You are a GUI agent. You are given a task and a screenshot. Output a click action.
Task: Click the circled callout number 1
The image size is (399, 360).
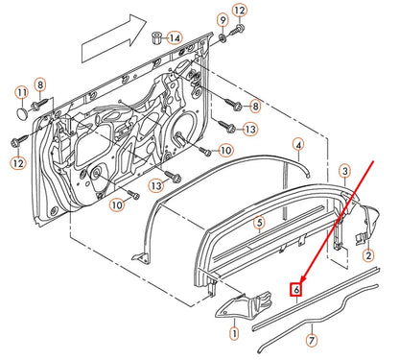tap(233, 335)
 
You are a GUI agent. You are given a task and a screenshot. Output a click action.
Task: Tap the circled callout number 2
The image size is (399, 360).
tap(367, 254)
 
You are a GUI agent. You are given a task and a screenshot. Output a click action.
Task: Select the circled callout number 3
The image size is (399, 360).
tap(344, 170)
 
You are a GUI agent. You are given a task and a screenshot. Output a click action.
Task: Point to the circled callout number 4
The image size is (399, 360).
tap(298, 146)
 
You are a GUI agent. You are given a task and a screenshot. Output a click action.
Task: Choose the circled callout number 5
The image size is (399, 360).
tap(258, 223)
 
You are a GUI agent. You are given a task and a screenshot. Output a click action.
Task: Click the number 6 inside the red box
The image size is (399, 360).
tap(298, 287)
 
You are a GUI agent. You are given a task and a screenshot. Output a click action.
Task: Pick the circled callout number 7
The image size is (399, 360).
tap(311, 340)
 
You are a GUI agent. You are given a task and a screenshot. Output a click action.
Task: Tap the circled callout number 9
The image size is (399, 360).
tap(223, 19)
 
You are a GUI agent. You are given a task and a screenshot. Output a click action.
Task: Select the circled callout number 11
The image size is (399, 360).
tap(20, 92)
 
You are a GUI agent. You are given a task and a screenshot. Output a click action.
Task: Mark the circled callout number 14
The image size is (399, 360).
tap(174, 38)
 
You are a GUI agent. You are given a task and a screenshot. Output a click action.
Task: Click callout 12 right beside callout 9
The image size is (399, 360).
tap(240, 11)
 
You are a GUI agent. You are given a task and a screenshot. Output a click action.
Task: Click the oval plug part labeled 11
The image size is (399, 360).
tap(21, 113)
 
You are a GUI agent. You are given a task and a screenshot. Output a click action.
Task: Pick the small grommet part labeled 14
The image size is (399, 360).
tap(153, 37)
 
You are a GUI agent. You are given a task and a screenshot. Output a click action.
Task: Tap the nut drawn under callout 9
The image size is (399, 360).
tap(223, 36)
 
